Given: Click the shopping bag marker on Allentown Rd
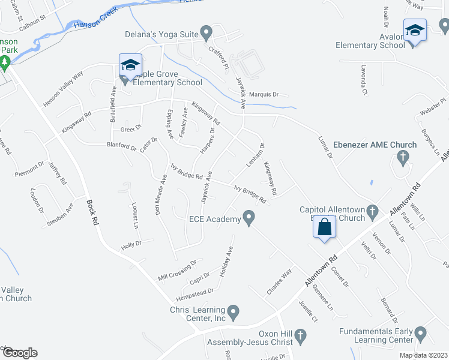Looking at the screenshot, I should [x=324, y=228].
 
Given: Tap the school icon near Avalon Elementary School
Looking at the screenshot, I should [x=415, y=30].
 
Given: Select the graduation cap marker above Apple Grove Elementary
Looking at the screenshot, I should [x=130, y=65].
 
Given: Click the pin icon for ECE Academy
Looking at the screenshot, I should [x=248, y=218].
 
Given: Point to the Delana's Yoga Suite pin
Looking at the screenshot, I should [x=206, y=32].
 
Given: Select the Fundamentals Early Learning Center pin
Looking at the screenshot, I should [x=421, y=332].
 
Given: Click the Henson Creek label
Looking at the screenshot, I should [x=93, y=23].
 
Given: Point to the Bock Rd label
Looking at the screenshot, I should [x=92, y=211].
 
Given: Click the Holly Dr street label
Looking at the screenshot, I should [x=131, y=244].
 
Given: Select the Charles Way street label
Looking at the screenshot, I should [x=279, y=281].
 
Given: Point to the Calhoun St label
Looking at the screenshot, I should [x=37, y=26].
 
